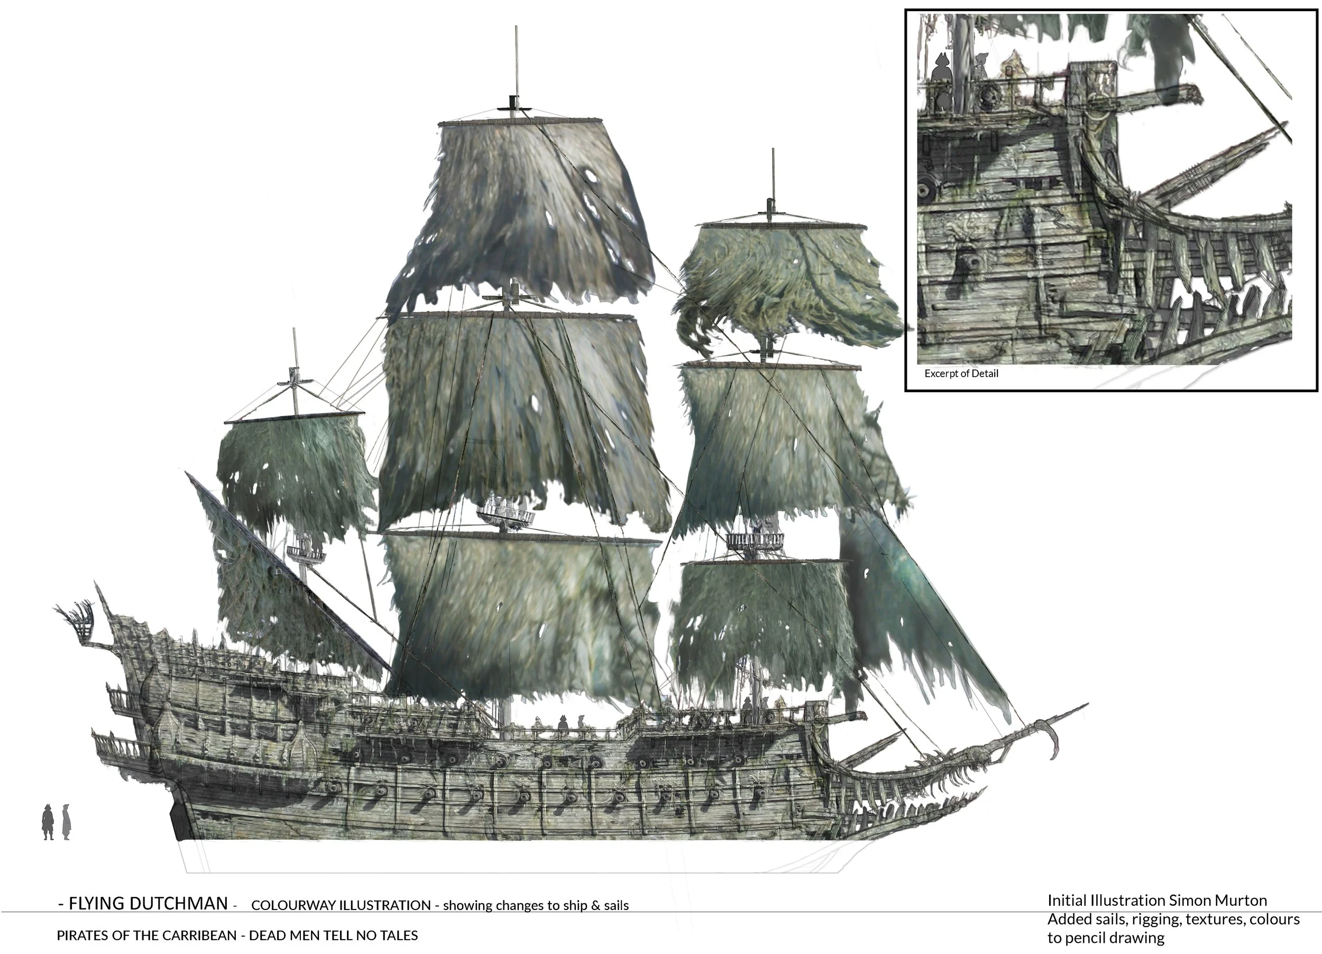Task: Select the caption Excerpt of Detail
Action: pos(961,374)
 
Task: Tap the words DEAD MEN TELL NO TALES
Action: pos(334,935)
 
